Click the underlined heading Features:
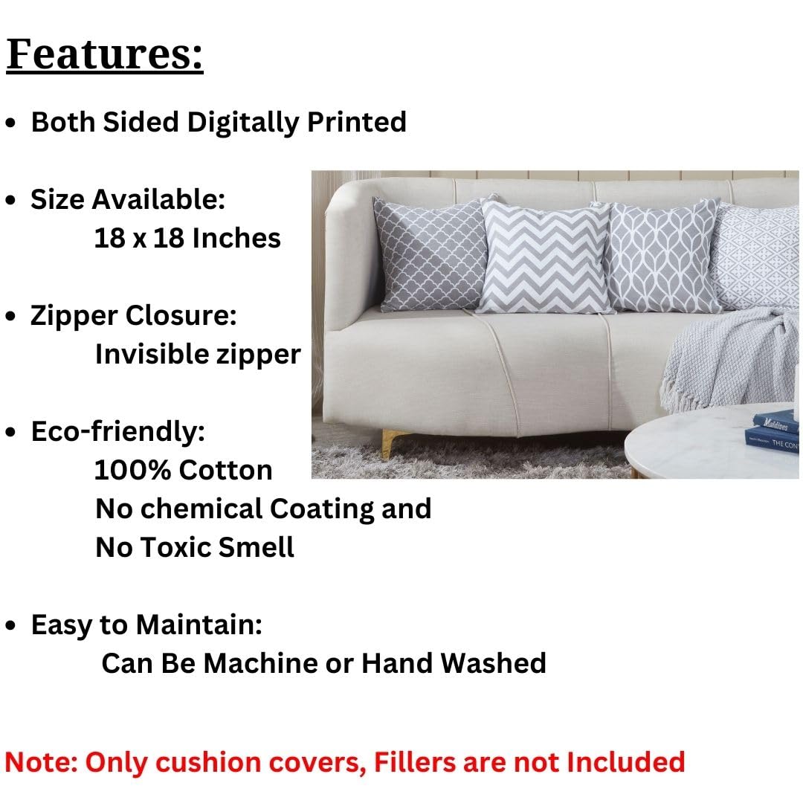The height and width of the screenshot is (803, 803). point(105,55)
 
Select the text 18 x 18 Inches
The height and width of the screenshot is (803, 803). point(187,238)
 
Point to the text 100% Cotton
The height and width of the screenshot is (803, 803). point(184,470)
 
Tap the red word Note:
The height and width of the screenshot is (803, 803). point(42,762)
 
